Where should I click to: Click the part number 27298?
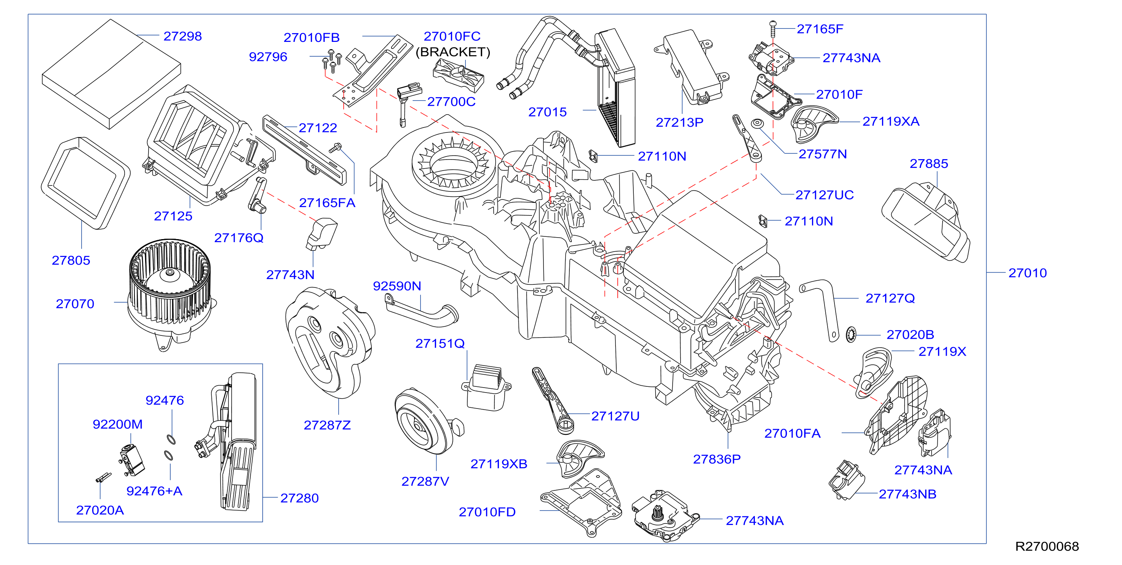tap(182, 36)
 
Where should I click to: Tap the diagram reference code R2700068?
tap(1047, 546)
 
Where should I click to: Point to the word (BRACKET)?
tap(453, 52)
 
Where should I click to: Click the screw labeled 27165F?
tap(773, 29)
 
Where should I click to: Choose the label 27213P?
tap(679, 123)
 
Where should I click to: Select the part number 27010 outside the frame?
tap(1028, 273)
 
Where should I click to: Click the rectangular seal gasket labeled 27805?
tap(85, 183)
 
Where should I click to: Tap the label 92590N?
tap(397, 286)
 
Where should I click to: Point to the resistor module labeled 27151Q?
tap(486, 388)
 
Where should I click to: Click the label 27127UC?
tap(825, 195)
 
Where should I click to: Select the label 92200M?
tap(118, 425)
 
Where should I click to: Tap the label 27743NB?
tap(907, 494)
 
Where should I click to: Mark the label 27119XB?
tap(499, 464)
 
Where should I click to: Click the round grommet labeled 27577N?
tap(758, 124)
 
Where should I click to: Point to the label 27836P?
tap(716, 459)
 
